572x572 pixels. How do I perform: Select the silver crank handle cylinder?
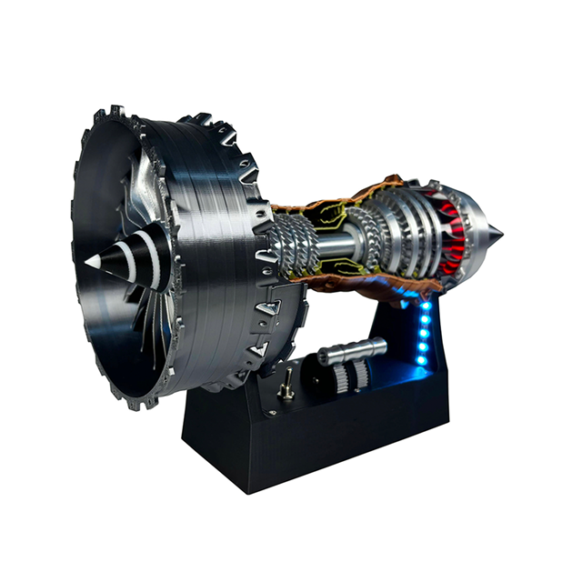pyautogui.click(x=353, y=350)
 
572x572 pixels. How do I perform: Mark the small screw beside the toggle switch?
pyautogui.click(x=269, y=407)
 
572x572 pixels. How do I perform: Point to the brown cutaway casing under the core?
pyautogui.click(x=364, y=284)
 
